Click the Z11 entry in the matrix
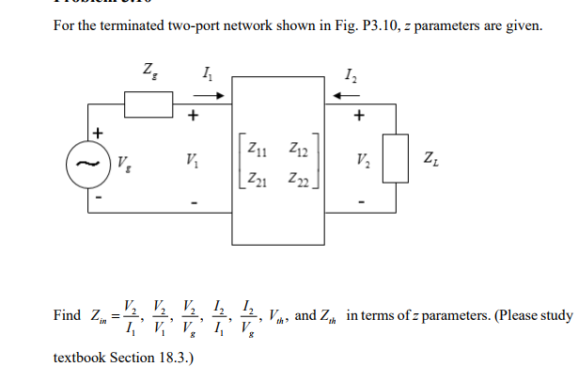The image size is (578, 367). [x=255, y=149]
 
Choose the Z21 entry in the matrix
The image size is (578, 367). [x=255, y=180]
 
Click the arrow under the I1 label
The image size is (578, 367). [x=211, y=95]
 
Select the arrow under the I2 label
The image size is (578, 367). [x=358, y=95]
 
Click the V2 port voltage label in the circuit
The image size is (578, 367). [x=360, y=160]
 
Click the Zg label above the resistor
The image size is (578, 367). [x=148, y=70]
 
